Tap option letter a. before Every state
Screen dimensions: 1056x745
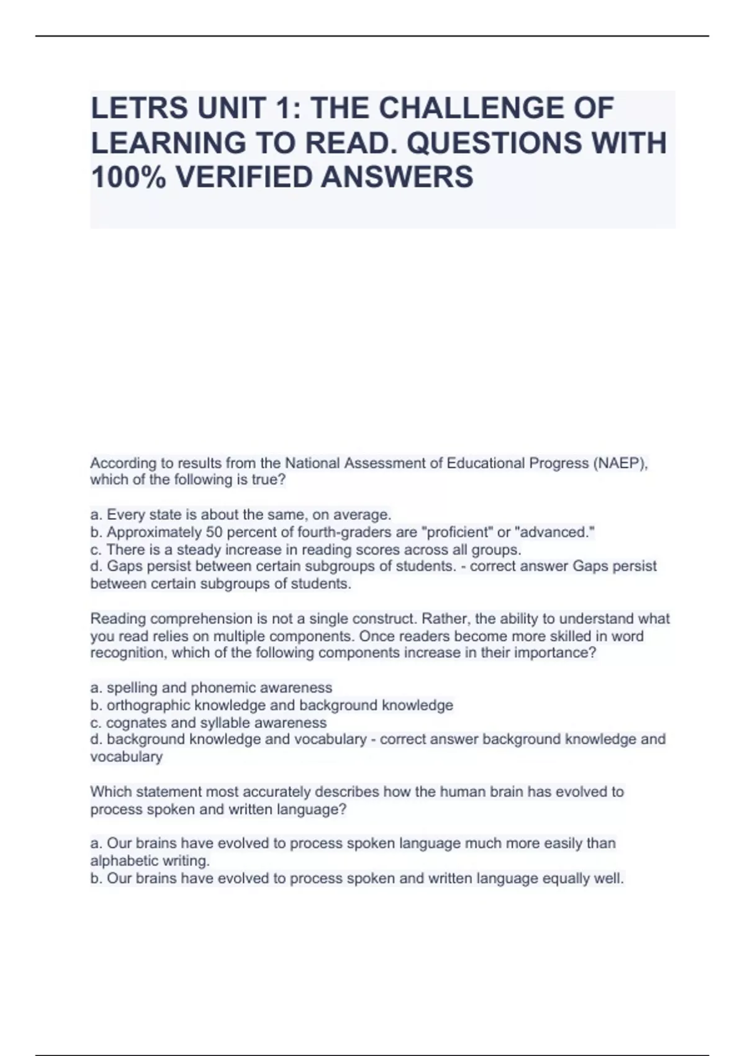(96, 515)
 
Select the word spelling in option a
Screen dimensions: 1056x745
(130, 688)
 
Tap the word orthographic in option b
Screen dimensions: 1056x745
(148, 705)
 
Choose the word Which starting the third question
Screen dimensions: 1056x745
(109, 792)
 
